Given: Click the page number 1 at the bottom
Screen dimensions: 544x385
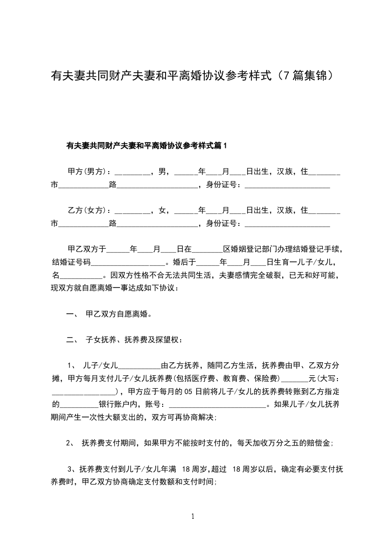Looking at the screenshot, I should (193, 516).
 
